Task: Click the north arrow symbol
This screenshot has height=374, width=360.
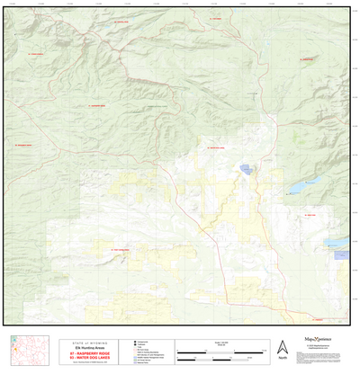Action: (282, 347)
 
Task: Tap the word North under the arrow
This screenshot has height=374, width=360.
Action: (282, 359)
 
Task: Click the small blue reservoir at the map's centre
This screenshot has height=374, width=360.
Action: (246, 167)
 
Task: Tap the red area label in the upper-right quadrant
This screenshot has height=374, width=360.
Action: (304, 60)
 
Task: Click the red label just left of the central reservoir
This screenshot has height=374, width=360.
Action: (220, 147)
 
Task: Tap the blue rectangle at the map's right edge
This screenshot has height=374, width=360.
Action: (340, 254)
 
